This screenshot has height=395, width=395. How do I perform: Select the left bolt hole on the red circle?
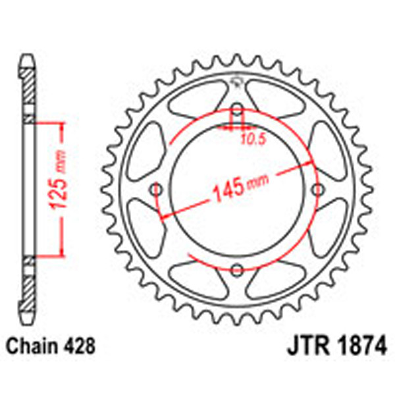[157, 190]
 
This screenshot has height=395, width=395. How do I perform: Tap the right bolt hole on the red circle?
[319, 190]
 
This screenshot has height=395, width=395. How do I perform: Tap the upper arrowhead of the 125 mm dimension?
[61, 126]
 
